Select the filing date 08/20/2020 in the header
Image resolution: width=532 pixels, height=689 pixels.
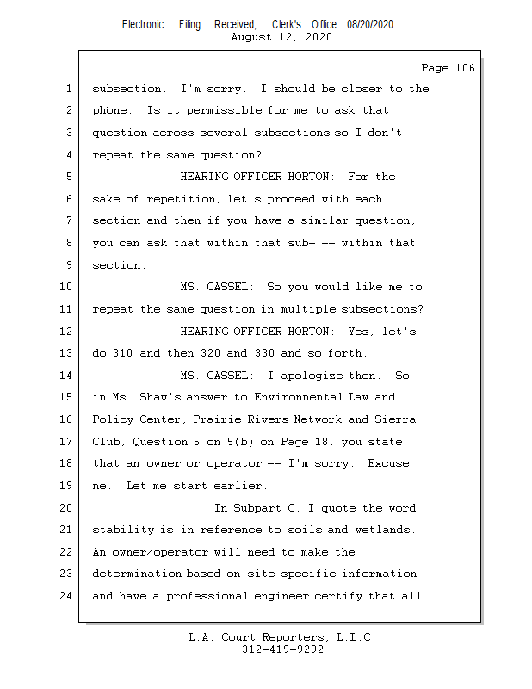(370, 25)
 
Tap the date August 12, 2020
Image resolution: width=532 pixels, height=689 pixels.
(282, 37)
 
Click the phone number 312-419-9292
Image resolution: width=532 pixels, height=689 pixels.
(282, 649)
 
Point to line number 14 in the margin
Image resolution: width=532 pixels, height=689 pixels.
(68, 376)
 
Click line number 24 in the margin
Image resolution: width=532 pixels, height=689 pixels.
(68, 596)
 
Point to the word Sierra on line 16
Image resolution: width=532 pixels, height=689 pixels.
(396, 419)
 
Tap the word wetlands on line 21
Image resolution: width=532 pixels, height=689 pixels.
(389, 530)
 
